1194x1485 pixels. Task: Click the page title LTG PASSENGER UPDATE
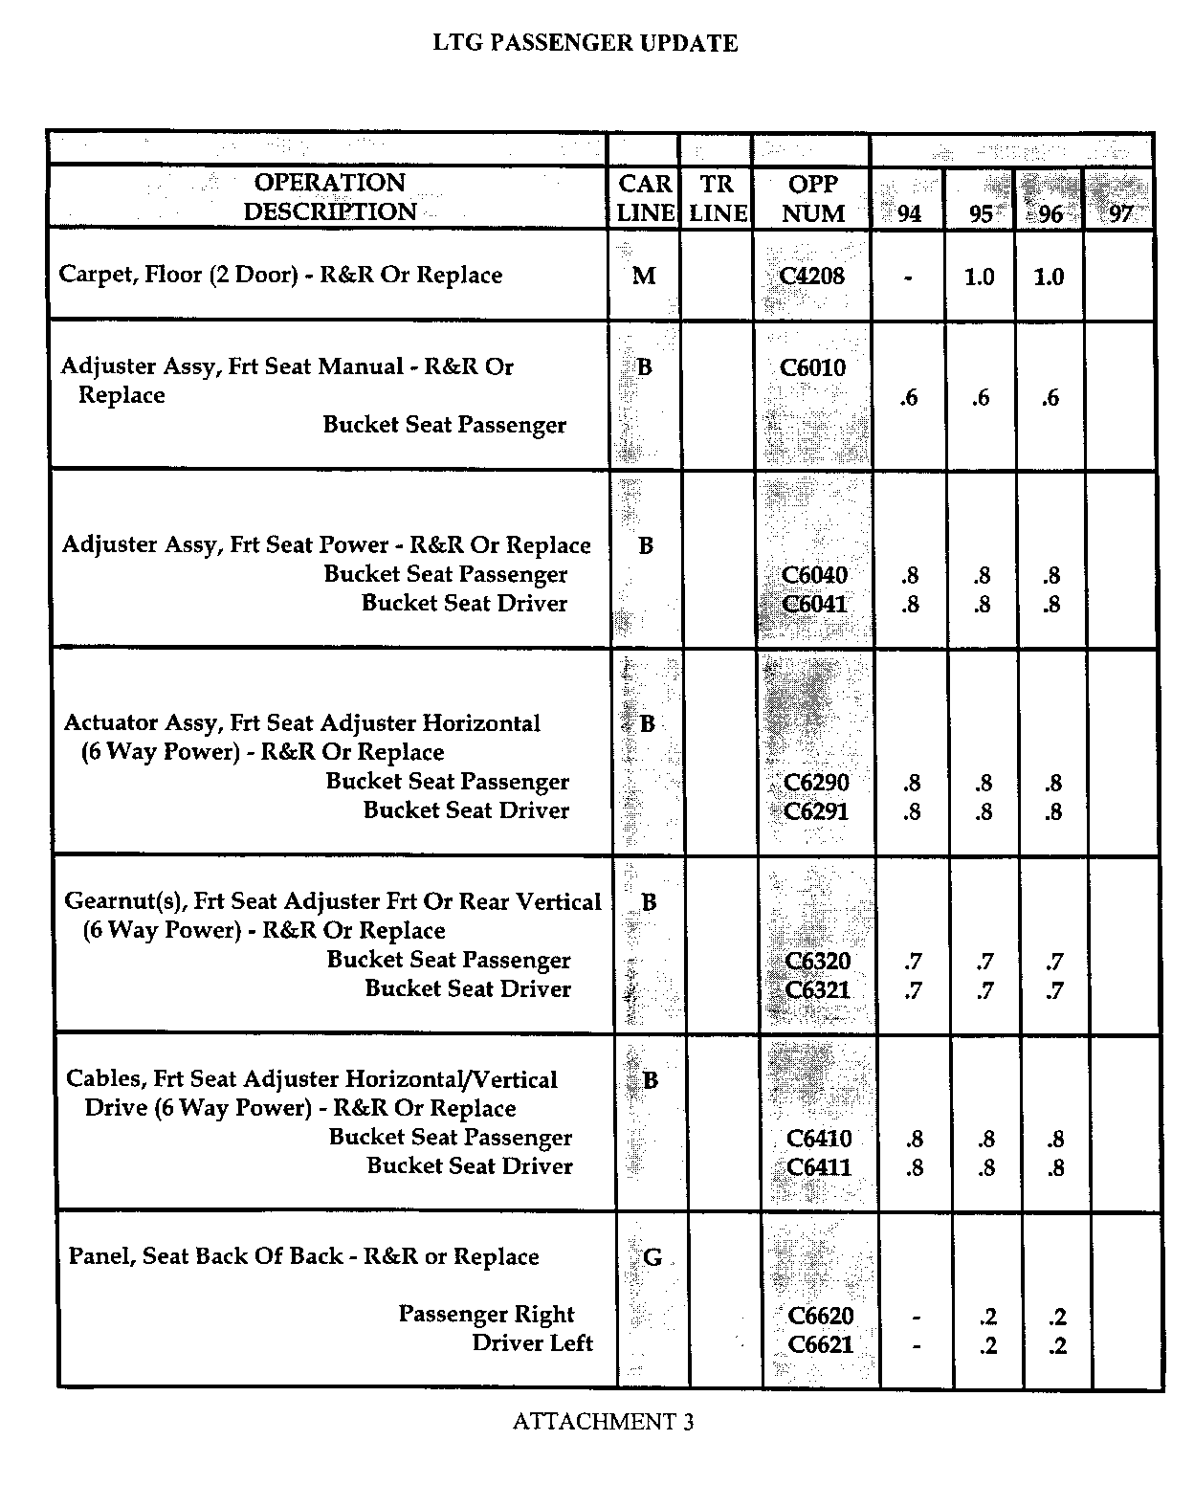[x=586, y=43]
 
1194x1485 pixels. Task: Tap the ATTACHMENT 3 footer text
[x=603, y=1422]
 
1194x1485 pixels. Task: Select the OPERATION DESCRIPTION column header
[x=329, y=197]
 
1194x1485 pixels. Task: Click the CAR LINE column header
[x=645, y=198]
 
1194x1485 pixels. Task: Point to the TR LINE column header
[x=718, y=198]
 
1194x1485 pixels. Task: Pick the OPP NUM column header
[x=812, y=198]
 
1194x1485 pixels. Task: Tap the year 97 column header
[x=1120, y=213]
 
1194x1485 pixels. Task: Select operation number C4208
[x=812, y=277]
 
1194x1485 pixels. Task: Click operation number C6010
[x=813, y=367]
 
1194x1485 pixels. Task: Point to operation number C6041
[x=814, y=604]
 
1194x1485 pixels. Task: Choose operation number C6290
[x=816, y=783]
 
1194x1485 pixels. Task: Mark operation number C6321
[x=818, y=990]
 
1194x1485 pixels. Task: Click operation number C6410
[x=819, y=1139]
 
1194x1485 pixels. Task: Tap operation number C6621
[x=820, y=1345]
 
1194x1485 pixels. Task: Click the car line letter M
[x=644, y=277]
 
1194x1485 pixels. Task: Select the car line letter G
[x=652, y=1257]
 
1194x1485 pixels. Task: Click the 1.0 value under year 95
[x=979, y=277]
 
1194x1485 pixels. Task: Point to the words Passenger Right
[x=486, y=1315]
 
